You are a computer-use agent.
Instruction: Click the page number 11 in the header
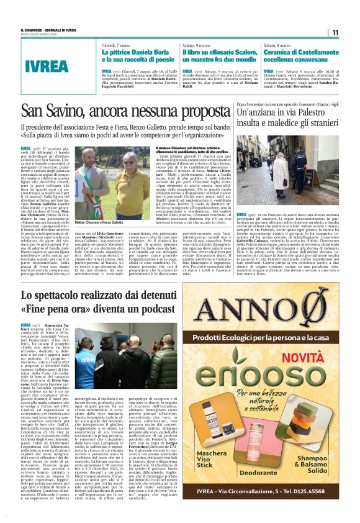334,32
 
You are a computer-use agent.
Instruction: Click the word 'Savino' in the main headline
75,111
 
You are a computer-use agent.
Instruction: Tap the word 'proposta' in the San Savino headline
198,111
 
